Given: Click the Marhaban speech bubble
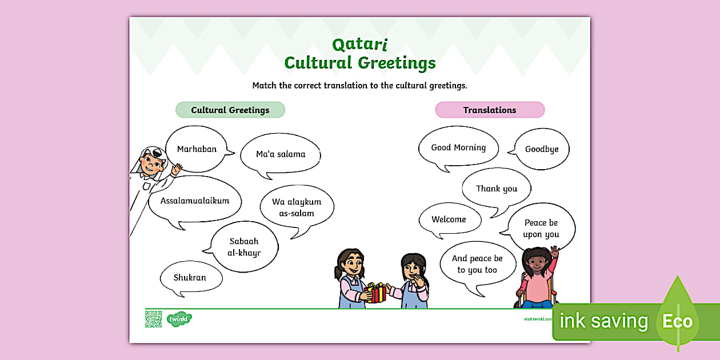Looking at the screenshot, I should pos(197,149).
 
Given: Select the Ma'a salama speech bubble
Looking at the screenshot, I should pos(280,154).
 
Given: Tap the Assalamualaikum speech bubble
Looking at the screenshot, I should pos(195,201).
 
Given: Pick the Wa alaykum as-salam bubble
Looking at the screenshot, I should pos(297,207).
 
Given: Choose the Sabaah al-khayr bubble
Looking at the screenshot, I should pos(244,247).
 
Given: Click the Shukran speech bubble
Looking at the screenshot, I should pos(190,278).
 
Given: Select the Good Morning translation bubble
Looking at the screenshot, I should pos(458,147).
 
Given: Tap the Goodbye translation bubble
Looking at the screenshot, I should pos(542,149).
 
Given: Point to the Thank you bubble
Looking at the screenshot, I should pos(497,189).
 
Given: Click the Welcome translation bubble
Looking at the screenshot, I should pos(449,219).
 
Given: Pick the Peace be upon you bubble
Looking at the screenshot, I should pos(541,229).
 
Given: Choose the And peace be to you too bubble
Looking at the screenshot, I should pos(477,264).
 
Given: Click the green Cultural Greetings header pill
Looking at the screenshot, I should pos(230,110).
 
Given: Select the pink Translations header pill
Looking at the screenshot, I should pos(490,110).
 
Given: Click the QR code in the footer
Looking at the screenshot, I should pos(153,319).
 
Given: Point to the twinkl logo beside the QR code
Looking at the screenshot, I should pos(179,319).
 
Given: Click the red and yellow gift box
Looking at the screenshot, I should pos(375,293).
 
